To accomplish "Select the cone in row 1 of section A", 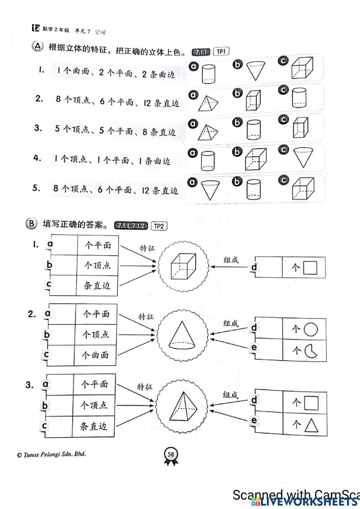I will [x=256, y=71].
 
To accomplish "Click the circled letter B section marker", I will [x=31, y=224].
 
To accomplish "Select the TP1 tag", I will [x=221, y=52].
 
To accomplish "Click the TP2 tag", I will [x=159, y=226].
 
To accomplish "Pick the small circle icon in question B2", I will [x=311, y=329].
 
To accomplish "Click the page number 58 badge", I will [x=171, y=454].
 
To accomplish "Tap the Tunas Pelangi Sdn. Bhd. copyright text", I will [x=51, y=455].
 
